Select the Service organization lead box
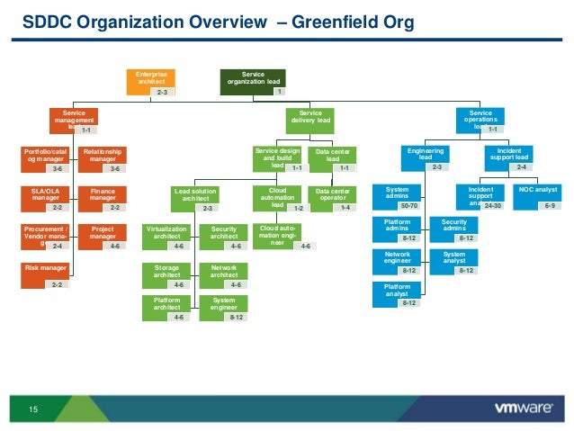253,80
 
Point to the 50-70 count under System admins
409,206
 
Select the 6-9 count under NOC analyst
549,206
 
